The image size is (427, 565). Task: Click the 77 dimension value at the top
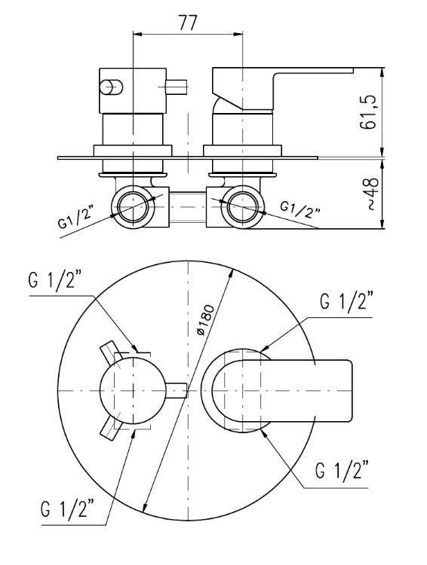(x=188, y=23)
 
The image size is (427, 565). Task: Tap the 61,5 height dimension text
(x=368, y=112)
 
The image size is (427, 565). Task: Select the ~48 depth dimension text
(x=372, y=194)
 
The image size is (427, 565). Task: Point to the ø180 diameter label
(x=206, y=320)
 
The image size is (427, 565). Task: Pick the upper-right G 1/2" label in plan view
(x=346, y=302)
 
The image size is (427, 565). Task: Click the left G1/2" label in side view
(x=75, y=218)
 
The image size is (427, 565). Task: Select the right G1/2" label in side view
(x=300, y=209)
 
